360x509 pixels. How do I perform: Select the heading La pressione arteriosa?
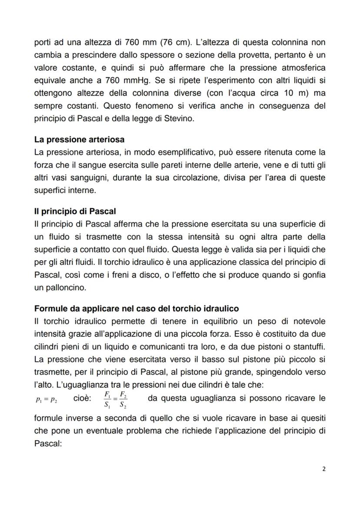[x=79, y=140]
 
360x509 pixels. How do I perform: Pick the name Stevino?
[x=176, y=118]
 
